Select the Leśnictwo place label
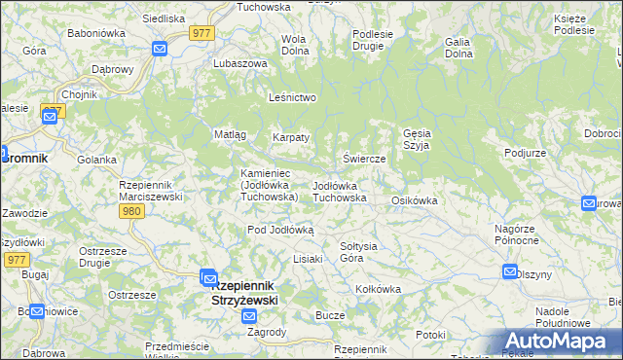point(293,98)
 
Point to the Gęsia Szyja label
point(416,138)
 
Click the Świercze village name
point(365,158)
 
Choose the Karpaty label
point(291,137)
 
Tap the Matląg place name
point(230,134)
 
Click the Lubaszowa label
point(239,63)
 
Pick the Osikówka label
point(415,200)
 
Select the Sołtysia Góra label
point(357,251)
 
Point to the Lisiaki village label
point(308,260)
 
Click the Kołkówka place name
point(379,289)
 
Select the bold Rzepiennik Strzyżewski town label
point(244,293)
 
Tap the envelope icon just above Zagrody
point(250,316)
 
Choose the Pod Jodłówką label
point(280,230)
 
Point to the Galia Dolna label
point(458,48)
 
